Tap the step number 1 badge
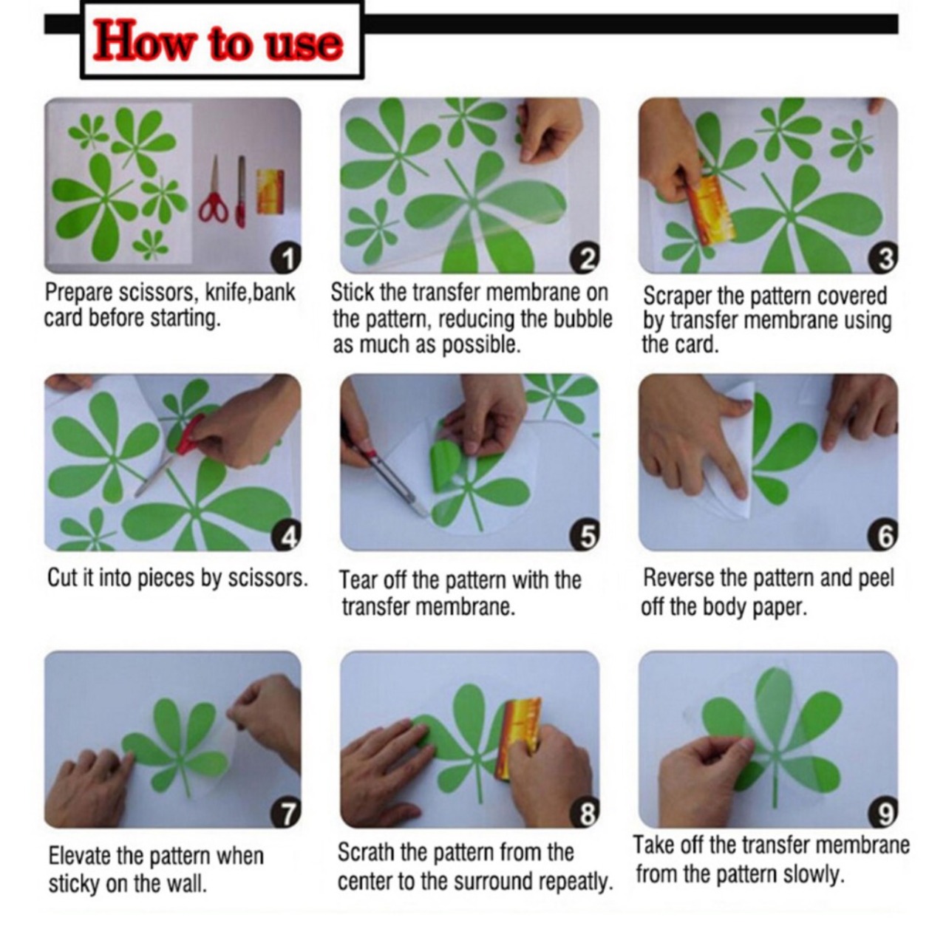click(x=287, y=258)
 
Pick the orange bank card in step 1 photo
click(x=270, y=191)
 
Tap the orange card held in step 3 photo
click(x=709, y=211)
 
